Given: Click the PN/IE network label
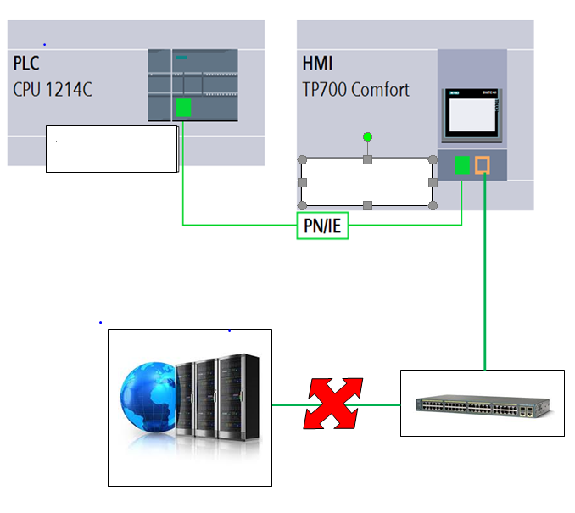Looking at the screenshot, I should pyautogui.click(x=322, y=226).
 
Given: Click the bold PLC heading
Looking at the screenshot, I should pyautogui.click(x=26, y=64).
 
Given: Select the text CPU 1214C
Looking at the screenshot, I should pyautogui.click(x=53, y=89).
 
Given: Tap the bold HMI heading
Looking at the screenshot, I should pyautogui.click(x=317, y=64).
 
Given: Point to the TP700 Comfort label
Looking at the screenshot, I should pyautogui.click(x=355, y=89).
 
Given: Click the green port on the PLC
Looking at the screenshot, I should pyautogui.click(x=183, y=107).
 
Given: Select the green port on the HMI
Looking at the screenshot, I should pyautogui.click(x=462, y=164).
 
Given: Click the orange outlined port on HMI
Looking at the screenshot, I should pyautogui.click(x=483, y=164).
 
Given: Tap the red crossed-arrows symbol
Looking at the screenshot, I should pyautogui.click(x=332, y=404).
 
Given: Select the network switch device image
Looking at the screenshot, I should pyautogui.click(x=481, y=404).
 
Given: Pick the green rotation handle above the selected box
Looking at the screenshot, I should pyautogui.click(x=367, y=137).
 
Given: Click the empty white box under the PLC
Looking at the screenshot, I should pyautogui.click(x=112, y=148).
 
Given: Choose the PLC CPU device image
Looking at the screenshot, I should pyautogui.click(x=193, y=85).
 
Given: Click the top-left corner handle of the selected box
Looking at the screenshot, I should pyautogui.click(x=302, y=159).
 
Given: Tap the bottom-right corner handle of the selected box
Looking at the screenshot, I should pyautogui.click(x=433, y=205).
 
